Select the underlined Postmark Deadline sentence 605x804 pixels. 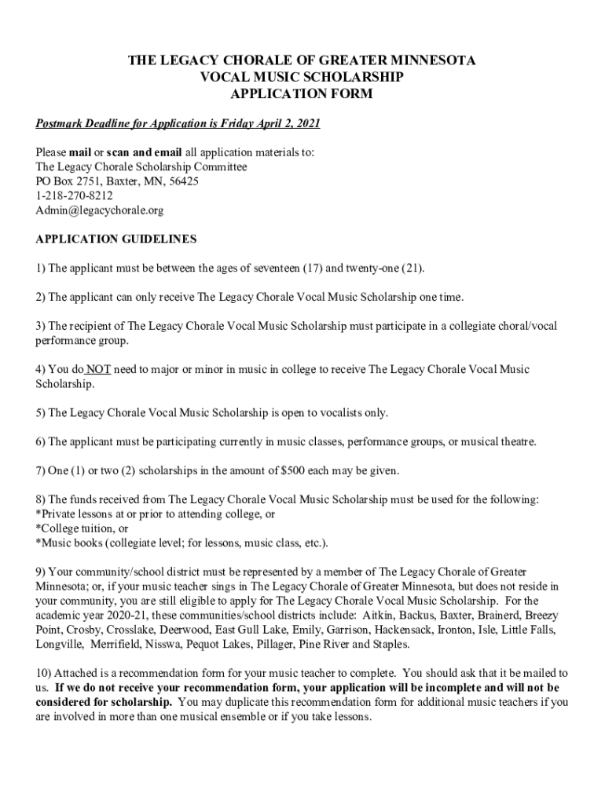click(x=178, y=125)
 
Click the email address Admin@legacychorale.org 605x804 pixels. click(x=100, y=211)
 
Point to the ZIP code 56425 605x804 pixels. click(x=184, y=181)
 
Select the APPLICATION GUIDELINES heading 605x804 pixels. click(x=116, y=239)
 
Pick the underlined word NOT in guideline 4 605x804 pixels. click(x=98, y=369)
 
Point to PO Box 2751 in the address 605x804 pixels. click(x=68, y=181)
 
